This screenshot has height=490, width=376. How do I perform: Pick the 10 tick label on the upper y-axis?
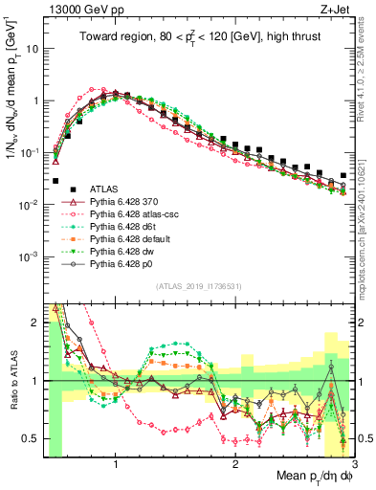tap(33, 48)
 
